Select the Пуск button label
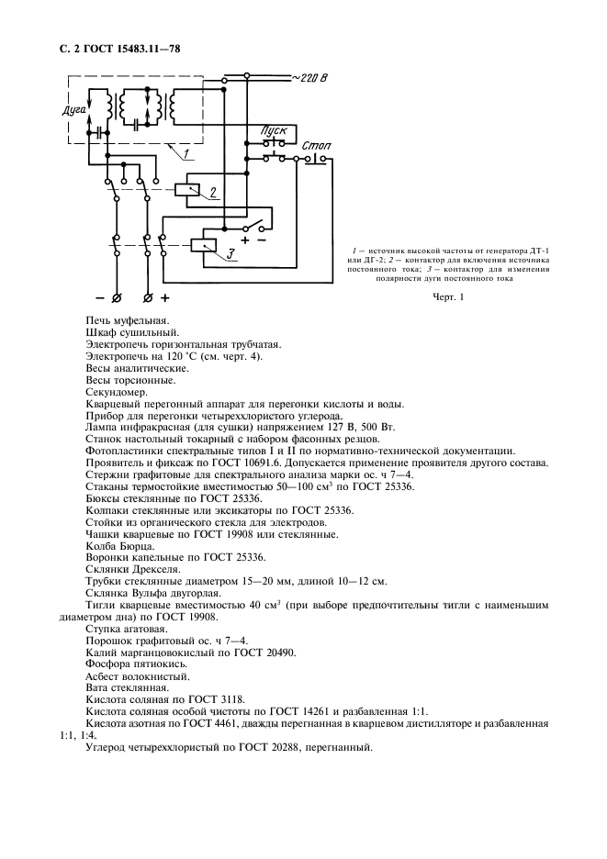[x=274, y=132]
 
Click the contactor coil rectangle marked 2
[x=191, y=191]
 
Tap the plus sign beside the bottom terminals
[x=166, y=298]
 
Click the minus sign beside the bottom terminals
[x=100, y=298]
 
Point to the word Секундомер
[x=115, y=391]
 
